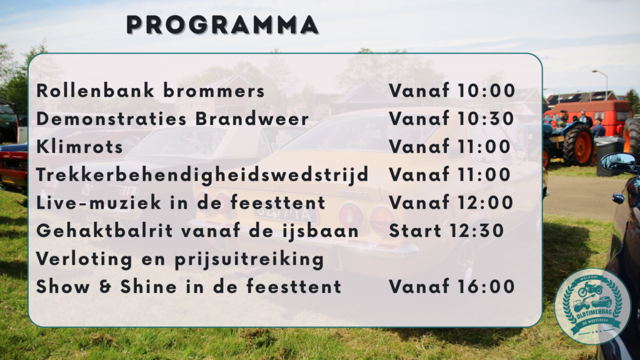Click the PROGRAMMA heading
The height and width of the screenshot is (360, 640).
[x=222, y=25]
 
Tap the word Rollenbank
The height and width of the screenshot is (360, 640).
[x=96, y=91]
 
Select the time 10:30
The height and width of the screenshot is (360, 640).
[x=485, y=119]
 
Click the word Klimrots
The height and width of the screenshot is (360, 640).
[x=79, y=146]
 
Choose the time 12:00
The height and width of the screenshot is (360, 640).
[x=485, y=203]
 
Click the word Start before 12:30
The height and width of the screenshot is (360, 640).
[x=415, y=231]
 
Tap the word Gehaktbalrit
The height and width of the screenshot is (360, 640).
[x=105, y=231]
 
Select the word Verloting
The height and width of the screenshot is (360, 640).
[x=84, y=259]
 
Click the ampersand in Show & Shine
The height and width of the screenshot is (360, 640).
[x=105, y=287]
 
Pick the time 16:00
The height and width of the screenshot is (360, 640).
[x=485, y=287]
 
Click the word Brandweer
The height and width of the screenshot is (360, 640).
[x=252, y=119]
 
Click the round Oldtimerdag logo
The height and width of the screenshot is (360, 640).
[x=592, y=306]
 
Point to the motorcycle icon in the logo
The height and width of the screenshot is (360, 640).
[x=590, y=289]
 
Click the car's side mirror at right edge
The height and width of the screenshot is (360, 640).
[x=618, y=162]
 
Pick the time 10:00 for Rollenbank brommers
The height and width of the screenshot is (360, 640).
[x=486, y=91]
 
